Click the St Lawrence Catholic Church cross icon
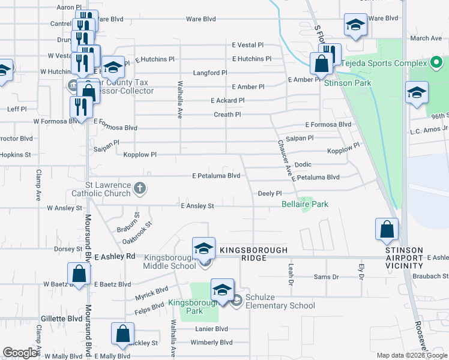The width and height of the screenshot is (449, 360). [x=140, y=188]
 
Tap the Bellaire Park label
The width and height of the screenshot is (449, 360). [x=305, y=205]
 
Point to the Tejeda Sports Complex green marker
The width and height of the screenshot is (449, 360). [x=436, y=62]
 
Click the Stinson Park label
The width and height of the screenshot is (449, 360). [x=348, y=83]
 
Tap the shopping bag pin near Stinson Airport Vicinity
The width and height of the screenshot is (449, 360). [x=387, y=229]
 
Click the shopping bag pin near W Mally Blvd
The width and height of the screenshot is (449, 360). [x=122, y=334]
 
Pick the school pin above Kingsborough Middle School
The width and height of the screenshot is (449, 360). [x=203, y=248]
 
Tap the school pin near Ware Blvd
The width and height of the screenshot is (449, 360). [x=355, y=25]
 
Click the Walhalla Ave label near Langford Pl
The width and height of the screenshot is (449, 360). [x=179, y=97]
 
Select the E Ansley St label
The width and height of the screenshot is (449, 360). [x=197, y=206]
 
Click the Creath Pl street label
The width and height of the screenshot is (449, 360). [x=228, y=115]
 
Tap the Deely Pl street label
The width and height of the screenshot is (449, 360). [x=270, y=193]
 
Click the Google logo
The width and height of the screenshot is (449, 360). [x=20, y=353]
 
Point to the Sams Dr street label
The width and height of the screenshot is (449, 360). [x=327, y=277]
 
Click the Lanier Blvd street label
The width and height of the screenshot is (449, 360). [x=211, y=329]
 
